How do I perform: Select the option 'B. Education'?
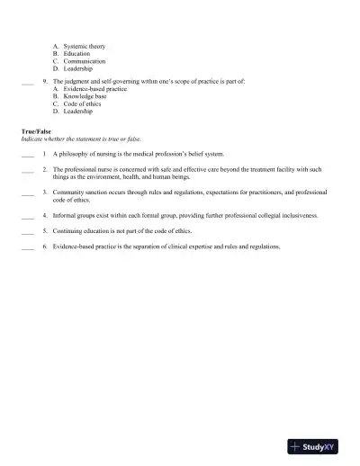(x=71, y=53)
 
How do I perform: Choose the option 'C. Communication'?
(x=78, y=61)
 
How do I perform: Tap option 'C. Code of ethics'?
(x=77, y=104)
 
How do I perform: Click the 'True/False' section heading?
(x=36, y=131)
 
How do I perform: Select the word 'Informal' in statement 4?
(x=66, y=216)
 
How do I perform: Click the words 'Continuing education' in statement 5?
(x=83, y=231)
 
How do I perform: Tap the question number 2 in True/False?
(x=44, y=170)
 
